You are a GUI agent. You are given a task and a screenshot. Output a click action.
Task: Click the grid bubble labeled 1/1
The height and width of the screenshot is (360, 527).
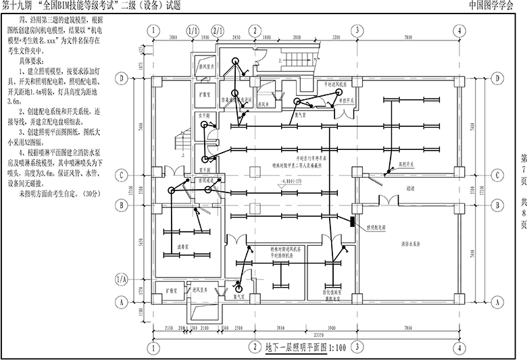pos(193,31)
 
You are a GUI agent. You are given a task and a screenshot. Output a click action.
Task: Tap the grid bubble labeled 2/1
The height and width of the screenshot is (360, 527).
pos(218,31)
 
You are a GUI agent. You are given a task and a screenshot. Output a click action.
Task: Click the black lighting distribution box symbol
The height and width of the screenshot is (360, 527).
pos(353,221)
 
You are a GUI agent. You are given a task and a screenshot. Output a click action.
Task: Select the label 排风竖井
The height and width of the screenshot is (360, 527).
pos(206,68)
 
